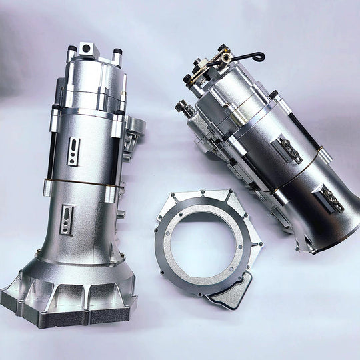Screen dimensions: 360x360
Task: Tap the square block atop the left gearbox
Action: pyautogui.click(x=87, y=49)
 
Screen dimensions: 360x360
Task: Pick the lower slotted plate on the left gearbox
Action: pyautogui.click(x=66, y=219)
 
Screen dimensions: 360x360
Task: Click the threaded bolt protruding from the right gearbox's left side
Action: pyautogui.click(x=184, y=107)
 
